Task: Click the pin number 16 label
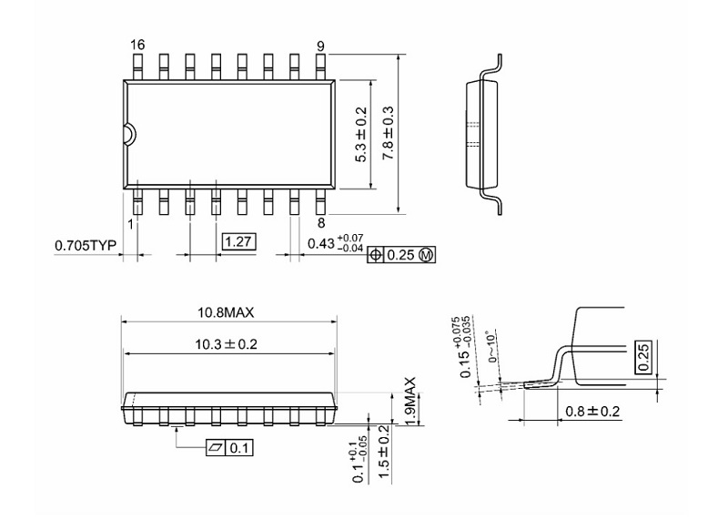pos(137,45)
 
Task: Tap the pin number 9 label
pos(321,45)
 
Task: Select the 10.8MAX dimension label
pos(227,312)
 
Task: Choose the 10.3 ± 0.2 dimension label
pos(227,346)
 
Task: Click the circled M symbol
pos(425,255)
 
